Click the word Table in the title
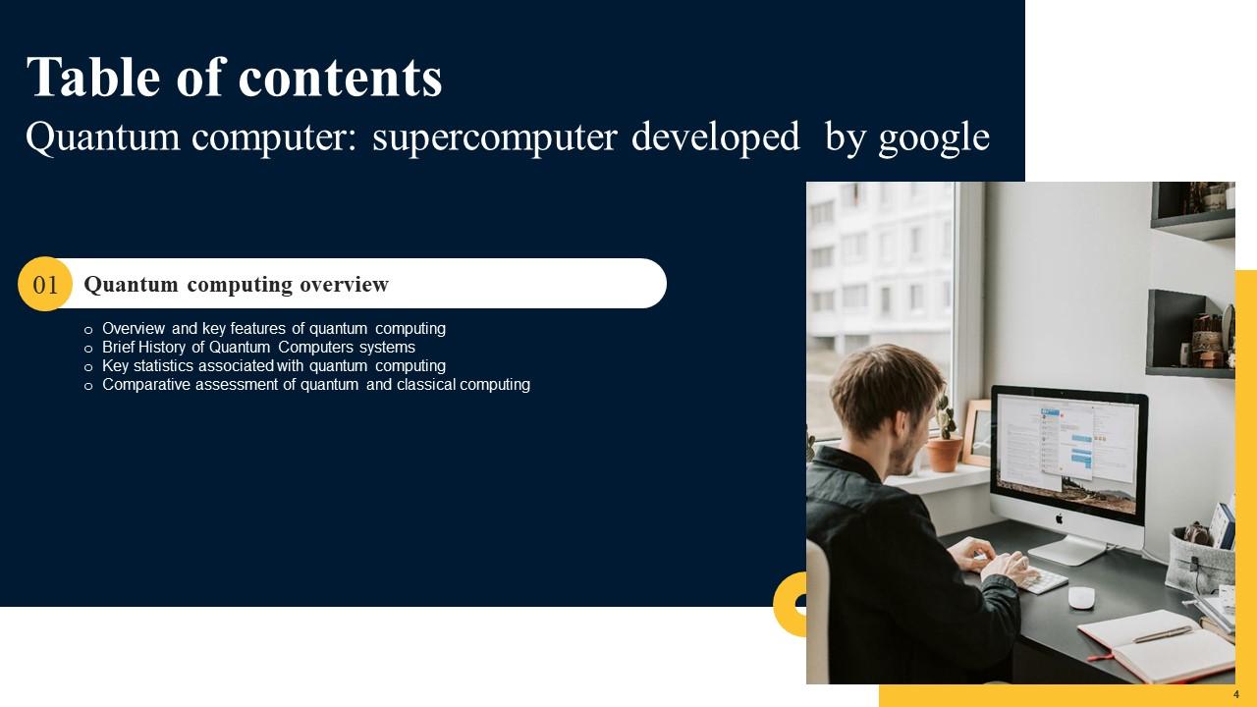click(x=92, y=78)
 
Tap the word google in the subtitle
click(x=933, y=137)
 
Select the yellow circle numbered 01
click(x=45, y=285)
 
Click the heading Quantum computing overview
click(x=236, y=285)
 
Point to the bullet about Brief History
click(x=258, y=348)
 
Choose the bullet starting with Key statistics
click(x=273, y=366)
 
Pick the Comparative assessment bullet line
click(x=315, y=385)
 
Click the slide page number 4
click(x=1235, y=694)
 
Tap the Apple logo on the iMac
click(x=1060, y=517)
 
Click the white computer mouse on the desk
click(x=1081, y=597)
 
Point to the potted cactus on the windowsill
click(x=945, y=442)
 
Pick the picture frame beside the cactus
click(x=977, y=432)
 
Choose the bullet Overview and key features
click(x=273, y=329)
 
